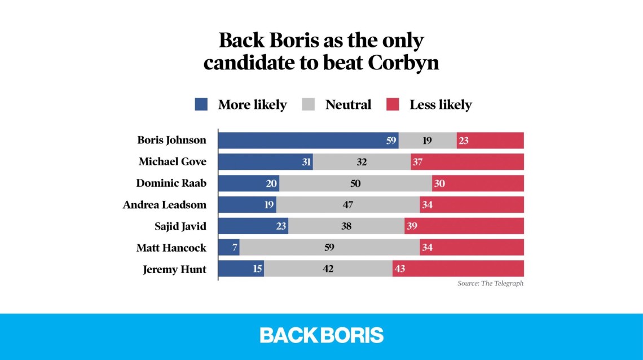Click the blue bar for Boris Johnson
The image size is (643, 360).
[x=308, y=141]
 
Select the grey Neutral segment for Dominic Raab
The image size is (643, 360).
[x=355, y=183]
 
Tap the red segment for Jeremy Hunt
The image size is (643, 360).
[x=458, y=269]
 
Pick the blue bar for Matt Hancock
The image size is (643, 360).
[x=228, y=248]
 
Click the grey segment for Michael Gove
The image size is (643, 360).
[x=362, y=162]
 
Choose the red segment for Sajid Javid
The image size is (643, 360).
[x=464, y=226]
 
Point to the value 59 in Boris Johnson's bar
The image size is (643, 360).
[x=391, y=141]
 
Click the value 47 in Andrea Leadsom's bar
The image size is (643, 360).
[x=348, y=205]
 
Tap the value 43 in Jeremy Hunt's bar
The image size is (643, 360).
[x=400, y=269]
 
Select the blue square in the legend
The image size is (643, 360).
[x=201, y=104]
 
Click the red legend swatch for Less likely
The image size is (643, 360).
[x=393, y=104]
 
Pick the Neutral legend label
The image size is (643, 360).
[x=348, y=104]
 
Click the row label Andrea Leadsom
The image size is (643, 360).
[x=165, y=205]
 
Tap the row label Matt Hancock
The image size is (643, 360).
[x=171, y=248]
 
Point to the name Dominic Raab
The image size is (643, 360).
[x=171, y=183]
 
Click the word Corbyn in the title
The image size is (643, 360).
[x=403, y=63]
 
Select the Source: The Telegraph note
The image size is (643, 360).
[x=490, y=284]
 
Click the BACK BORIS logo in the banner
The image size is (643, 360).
[x=321, y=335]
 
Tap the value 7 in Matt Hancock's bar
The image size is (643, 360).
[x=234, y=248]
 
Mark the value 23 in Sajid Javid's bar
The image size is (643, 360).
[x=281, y=226]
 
